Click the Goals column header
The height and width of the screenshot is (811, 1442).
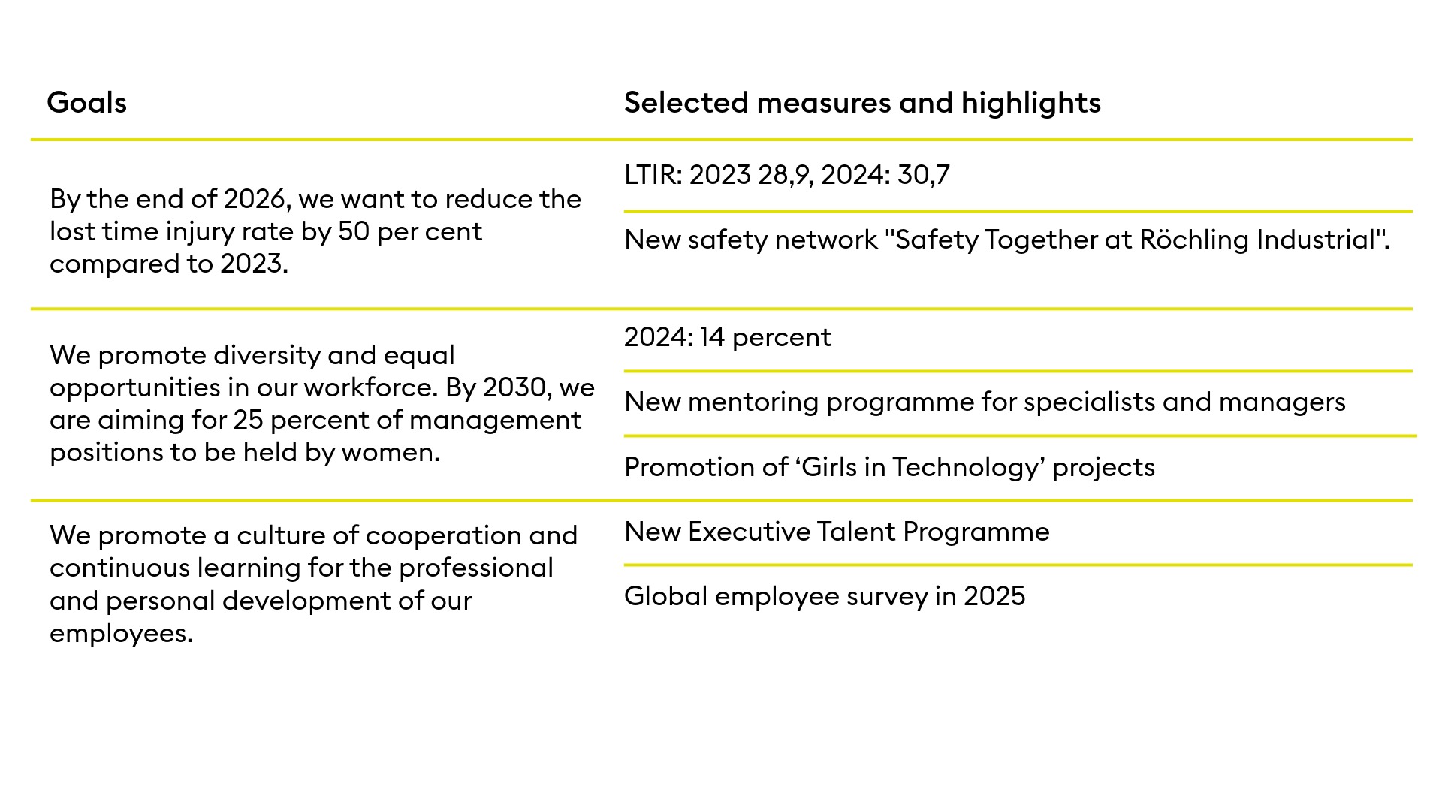86,103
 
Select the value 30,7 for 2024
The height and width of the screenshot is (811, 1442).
923,175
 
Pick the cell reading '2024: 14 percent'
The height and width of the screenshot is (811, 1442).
727,337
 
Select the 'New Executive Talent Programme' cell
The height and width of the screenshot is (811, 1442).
836,532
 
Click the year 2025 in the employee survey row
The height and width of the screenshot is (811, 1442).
994,596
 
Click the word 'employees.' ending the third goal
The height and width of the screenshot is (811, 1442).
121,633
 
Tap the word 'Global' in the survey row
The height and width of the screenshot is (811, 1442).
665,596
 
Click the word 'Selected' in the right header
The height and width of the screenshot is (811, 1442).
686,103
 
